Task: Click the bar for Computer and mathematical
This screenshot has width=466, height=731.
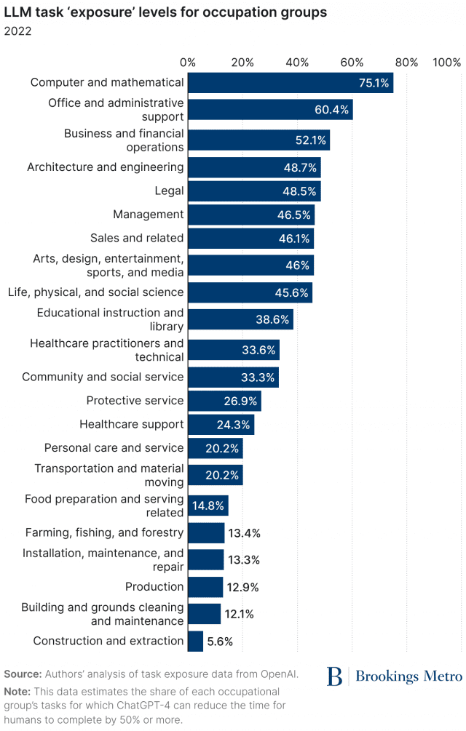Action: tap(290, 83)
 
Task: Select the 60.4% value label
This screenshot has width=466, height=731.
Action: tap(332, 110)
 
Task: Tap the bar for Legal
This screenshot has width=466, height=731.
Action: tap(253, 191)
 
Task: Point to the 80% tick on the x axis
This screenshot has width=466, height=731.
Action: tap(407, 63)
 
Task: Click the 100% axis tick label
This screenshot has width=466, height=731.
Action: tap(446, 63)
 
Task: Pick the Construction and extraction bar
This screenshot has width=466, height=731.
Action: tap(196, 641)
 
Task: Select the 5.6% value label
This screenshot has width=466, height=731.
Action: tap(221, 642)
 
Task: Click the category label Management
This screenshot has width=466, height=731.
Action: tap(148, 215)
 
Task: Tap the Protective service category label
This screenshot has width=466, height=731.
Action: tap(135, 401)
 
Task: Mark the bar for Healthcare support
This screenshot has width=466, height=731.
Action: tap(221, 424)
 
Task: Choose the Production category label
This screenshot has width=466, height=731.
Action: tap(154, 587)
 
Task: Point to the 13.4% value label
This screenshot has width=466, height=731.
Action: tap(244, 533)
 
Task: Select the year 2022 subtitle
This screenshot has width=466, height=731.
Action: tap(17, 31)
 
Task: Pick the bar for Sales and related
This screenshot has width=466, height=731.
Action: tap(250, 238)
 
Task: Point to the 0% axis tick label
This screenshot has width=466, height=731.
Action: tap(188, 63)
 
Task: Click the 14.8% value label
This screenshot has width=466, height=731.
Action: tap(208, 506)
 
